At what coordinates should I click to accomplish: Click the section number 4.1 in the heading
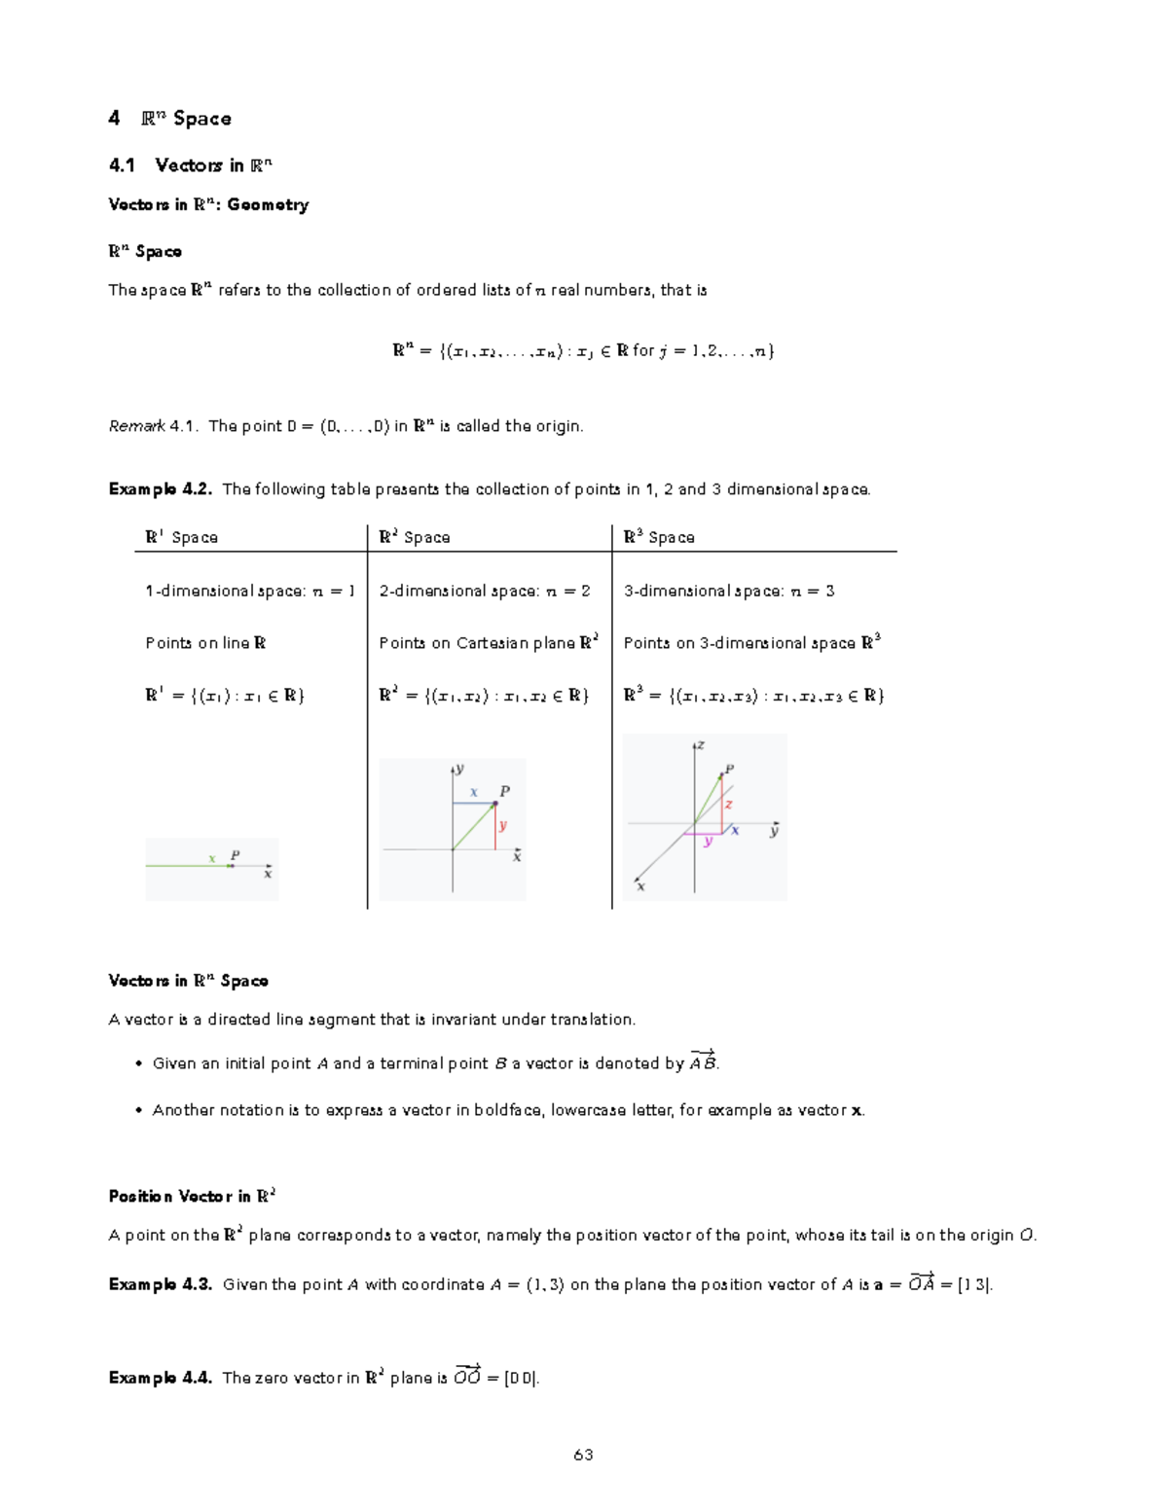point(122,166)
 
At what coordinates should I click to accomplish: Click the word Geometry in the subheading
point(268,205)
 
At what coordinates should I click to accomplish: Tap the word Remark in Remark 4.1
point(136,427)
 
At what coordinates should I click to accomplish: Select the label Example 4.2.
point(160,489)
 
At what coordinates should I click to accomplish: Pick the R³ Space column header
point(659,537)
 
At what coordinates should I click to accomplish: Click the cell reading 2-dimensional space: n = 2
point(484,592)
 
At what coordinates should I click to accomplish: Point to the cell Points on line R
point(205,643)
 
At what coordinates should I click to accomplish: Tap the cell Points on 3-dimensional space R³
point(751,643)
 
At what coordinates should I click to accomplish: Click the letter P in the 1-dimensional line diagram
point(235,856)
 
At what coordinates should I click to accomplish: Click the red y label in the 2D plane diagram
point(502,826)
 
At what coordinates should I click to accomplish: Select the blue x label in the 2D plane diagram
point(474,793)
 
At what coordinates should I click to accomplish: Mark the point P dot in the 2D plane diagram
point(494,804)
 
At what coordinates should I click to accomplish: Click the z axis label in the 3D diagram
point(700,746)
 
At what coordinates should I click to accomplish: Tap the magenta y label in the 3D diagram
point(708,842)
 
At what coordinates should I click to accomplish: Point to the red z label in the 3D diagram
point(728,805)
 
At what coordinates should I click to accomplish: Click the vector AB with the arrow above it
point(703,1062)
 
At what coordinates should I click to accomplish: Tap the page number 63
point(583,1456)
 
